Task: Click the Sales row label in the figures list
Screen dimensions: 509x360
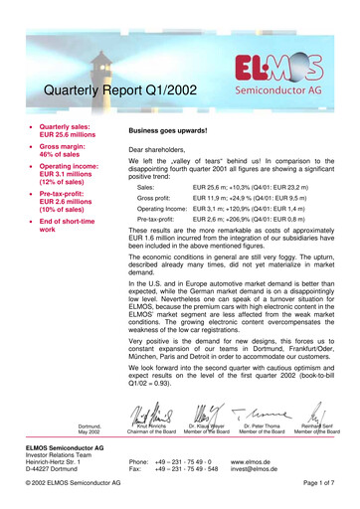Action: [146, 186]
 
